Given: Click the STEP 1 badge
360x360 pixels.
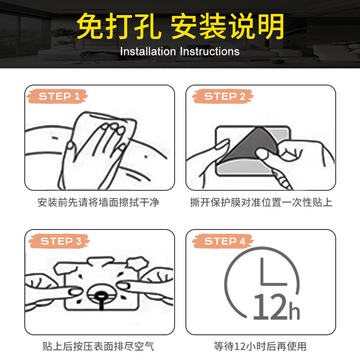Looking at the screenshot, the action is [57, 96].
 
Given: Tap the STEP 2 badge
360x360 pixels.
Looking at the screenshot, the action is [223, 96].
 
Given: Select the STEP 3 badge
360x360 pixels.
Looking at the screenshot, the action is [59, 241].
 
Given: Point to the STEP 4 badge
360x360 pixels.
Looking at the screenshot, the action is [223, 241].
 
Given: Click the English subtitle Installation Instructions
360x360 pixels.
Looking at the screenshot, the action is [180, 51].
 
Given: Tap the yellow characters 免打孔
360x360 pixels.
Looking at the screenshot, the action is [119, 26].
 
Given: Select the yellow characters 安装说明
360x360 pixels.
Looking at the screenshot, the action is [228, 26].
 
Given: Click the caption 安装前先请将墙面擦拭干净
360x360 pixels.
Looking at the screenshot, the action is [98, 202].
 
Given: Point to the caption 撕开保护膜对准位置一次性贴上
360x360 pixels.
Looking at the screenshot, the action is [261, 202].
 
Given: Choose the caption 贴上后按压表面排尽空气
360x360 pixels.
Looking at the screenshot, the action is [98, 346].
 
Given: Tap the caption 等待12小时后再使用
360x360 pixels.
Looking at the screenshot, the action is [260, 346].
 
